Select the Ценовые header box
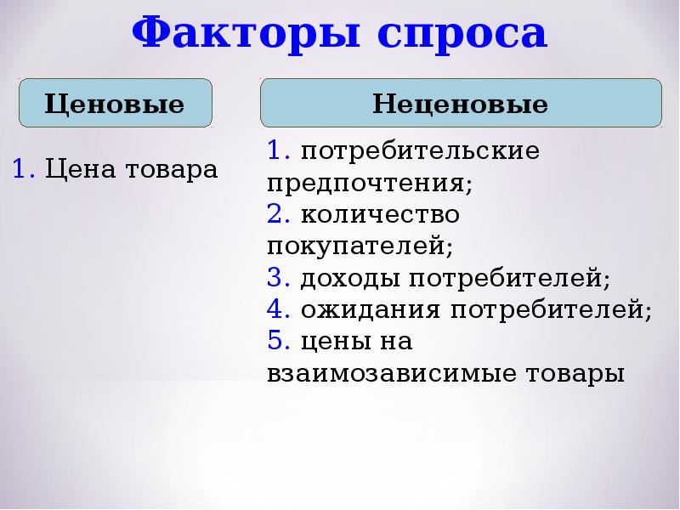116,103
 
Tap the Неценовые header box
461,103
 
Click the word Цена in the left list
81,168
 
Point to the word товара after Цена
172,169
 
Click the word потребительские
420,151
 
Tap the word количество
380,214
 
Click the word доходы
350,279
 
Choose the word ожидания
371,310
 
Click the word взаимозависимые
392,373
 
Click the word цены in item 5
336,343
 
